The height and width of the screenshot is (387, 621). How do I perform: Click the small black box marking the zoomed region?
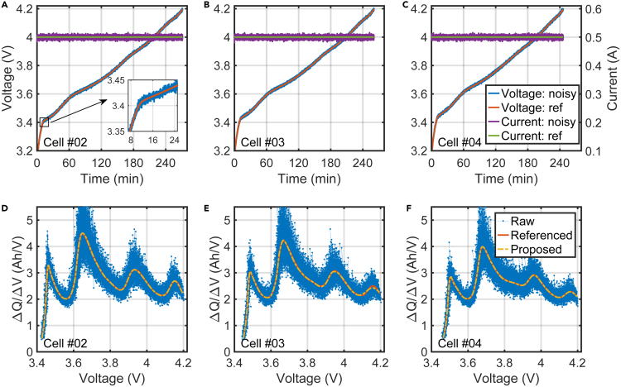tap(45, 122)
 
